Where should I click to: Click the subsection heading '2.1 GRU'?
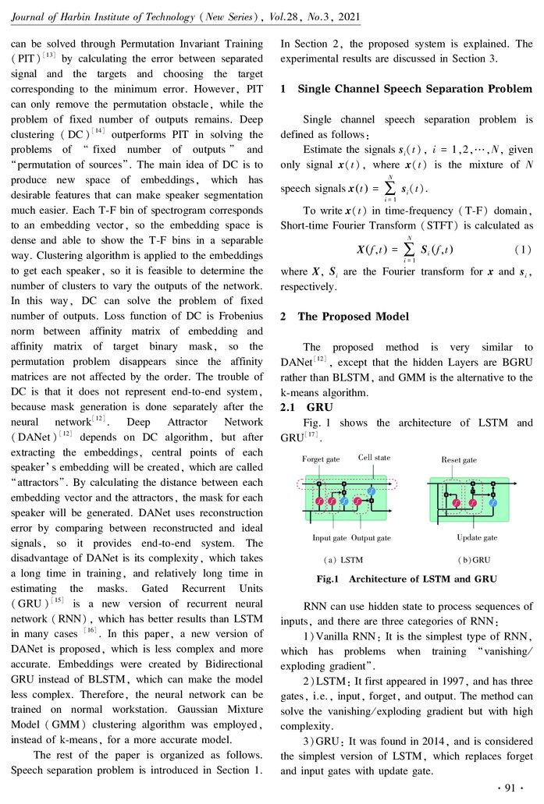pos(305,407)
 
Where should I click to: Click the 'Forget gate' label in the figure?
pos(322,459)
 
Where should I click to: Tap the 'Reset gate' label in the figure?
pos(459,460)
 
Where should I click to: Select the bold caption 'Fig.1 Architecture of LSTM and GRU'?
pos(406,579)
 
